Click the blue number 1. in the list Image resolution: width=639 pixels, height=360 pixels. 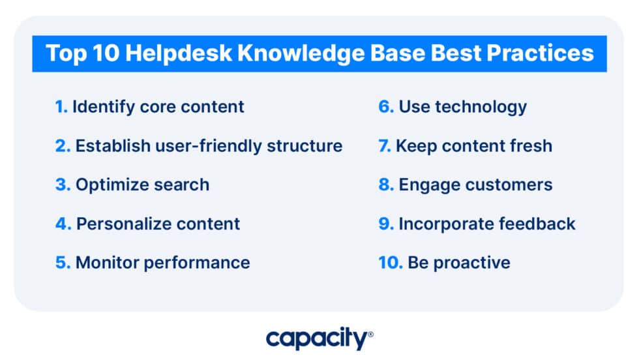point(61,107)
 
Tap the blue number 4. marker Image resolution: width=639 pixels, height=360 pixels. point(63,224)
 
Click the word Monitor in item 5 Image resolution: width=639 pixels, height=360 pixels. point(104,263)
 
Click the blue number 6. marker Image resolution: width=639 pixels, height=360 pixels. point(386,107)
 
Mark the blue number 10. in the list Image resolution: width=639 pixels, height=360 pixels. point(390,263)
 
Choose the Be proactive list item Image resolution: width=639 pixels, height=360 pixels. point(459,263)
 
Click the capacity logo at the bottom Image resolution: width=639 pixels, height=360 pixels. point(317,338)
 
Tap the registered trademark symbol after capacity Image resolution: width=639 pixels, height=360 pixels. point(371,334)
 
